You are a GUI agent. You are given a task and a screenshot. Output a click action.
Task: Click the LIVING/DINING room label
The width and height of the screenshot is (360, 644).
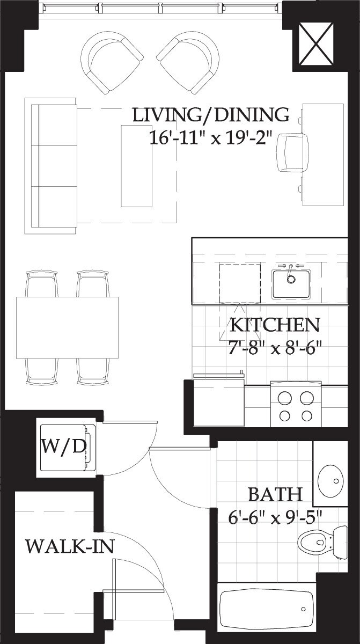pos(211,115)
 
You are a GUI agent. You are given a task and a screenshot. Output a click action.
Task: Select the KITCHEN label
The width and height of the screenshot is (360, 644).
pos(275,325)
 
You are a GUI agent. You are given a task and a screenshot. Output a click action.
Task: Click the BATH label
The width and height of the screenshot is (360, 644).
pos(275,494)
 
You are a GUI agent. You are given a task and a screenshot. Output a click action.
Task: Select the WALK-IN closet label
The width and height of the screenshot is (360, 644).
pos(70,547)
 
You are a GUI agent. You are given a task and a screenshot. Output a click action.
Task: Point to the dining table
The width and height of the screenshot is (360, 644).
pos(67,327)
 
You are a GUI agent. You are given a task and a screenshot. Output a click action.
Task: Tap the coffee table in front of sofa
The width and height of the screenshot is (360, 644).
pos(137,165)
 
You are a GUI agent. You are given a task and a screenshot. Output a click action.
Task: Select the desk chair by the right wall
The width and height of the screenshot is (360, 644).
pos(293,152)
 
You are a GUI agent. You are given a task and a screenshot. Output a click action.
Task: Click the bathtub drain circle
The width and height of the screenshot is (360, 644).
pos(304,609)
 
